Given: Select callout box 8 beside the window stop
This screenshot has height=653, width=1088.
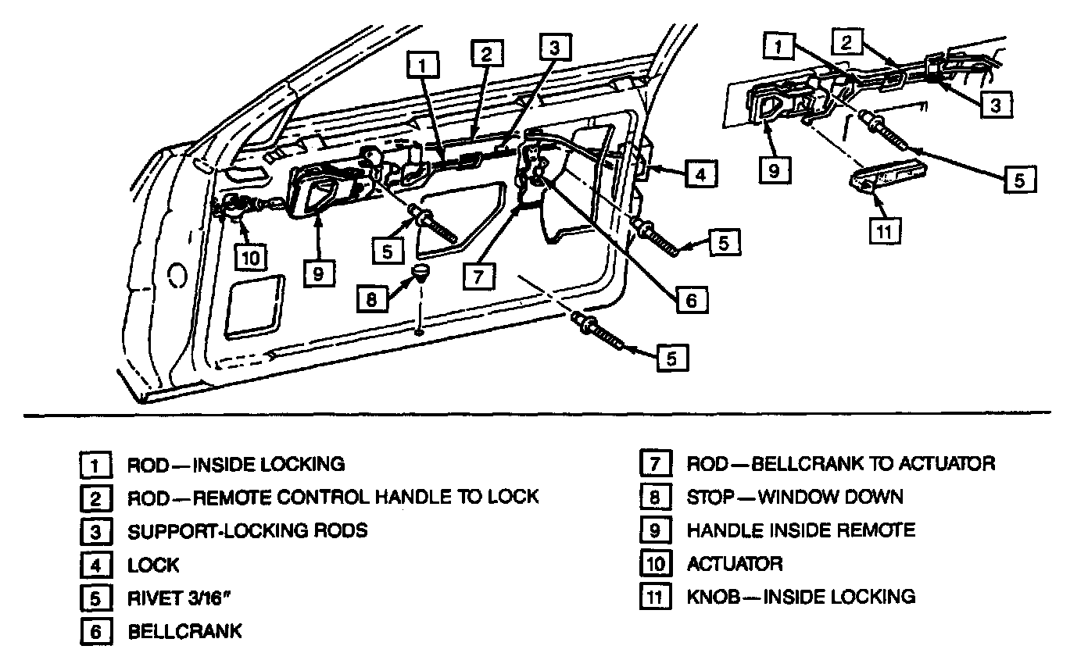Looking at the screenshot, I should click(372, 298).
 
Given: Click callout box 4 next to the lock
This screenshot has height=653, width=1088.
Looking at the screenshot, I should click(700, 173).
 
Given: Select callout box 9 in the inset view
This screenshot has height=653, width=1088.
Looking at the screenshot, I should click(774, 170).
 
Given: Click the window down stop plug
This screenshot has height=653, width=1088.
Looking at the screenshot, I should click(421, 274).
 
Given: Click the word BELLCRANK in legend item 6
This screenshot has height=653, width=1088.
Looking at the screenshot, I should click(185, 631).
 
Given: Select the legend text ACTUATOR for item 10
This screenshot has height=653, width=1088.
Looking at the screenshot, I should click(735, 563).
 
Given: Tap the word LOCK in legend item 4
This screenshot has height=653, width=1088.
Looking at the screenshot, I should click(153, 565).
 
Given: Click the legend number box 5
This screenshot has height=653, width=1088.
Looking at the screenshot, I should click(93, 598).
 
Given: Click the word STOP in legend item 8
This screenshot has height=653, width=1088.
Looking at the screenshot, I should click(710, 497).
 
